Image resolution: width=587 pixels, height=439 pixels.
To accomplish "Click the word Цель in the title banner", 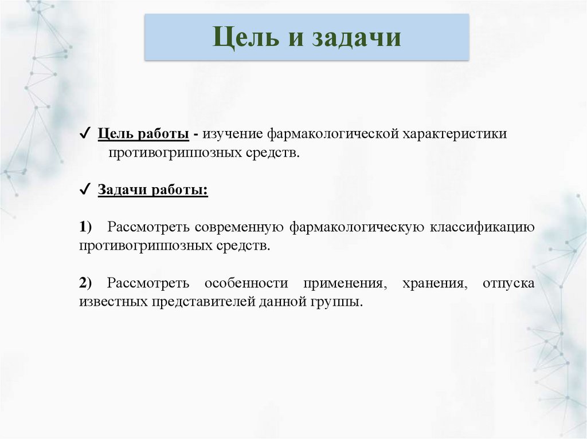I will coord(244,38).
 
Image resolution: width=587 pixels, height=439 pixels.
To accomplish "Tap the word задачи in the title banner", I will coord(356,38).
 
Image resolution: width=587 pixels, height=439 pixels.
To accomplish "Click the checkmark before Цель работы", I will coord(84,134).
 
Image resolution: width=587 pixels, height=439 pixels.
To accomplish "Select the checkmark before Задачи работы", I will coord(84,190).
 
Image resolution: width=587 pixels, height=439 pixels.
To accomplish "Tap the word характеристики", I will coord(455,134).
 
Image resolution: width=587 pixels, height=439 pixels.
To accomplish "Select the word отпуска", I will coord(508,283).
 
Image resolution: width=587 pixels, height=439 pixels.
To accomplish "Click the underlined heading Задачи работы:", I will coord(153,190).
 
